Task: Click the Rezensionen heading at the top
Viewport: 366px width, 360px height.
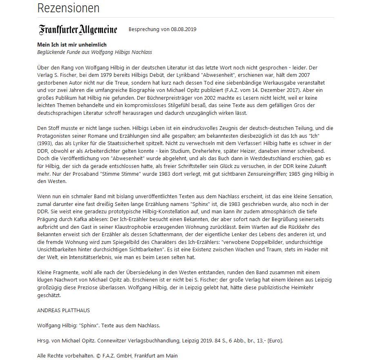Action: pos(68,8)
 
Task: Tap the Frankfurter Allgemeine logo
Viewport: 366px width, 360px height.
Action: pos(78,30)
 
